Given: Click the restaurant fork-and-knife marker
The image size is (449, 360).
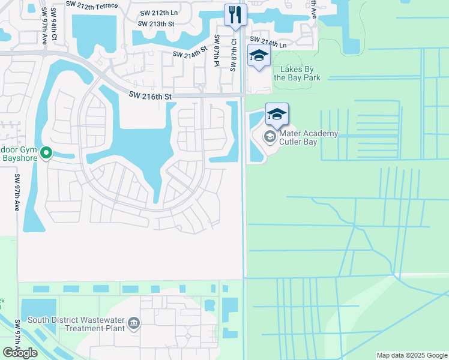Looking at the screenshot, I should pyautogui.click(x=235, y=14).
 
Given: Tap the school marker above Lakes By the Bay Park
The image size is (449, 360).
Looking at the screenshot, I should pyautogui.click(x=259, y=56).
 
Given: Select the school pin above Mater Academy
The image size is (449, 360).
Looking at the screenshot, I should pyautogui.click(x=277, y=113).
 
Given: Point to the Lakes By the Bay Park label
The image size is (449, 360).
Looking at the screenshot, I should pyautogui.click(x=297, y=73).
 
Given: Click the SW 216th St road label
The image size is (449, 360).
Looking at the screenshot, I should pyautogui.click(x=151, y=96).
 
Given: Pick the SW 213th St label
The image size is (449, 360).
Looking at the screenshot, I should pyautogui.click(x=155, y=24).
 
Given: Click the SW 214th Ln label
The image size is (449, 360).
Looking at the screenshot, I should pyautogui.click(x=269, y=44).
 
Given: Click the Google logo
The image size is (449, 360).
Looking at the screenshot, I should pyautogui.click(x=20, y=353).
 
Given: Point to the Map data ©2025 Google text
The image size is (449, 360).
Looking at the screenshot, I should pyautogui.click(x=411, y=355).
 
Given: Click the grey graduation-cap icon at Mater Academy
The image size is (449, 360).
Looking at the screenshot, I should pyautogui.click(x=270, y=137).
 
